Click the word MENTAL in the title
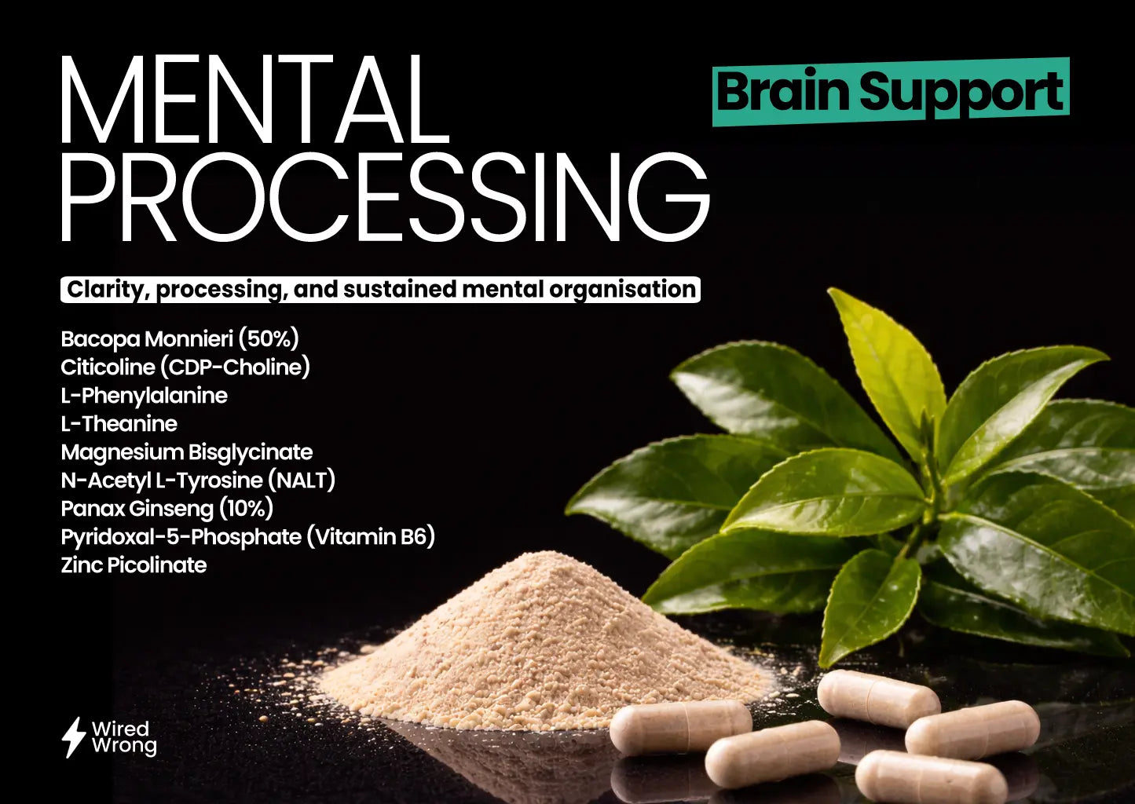click(x=253, y=102)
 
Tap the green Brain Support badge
click(x=890, y=92)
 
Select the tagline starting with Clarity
click(x=381, y=289)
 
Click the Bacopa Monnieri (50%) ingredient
click(x=180, y=339)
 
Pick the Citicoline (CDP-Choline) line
click(x=185, y=367)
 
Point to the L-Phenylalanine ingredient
click(x=144, y=396)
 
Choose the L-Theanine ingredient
click(x=119, y=424)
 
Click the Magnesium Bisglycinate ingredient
click(x=186, y=452)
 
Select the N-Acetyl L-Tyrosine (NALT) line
click(x=198, y=481)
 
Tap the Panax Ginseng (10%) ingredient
click(x=167, y=509)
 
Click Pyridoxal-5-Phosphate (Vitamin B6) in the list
click(x=247, y=537)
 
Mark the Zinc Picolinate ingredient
click(x=134, y=565)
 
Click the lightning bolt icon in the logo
click(x=73, y=736)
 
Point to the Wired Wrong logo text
click(x=123, y=737)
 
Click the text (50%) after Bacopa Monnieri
click(x=269, y=339)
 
